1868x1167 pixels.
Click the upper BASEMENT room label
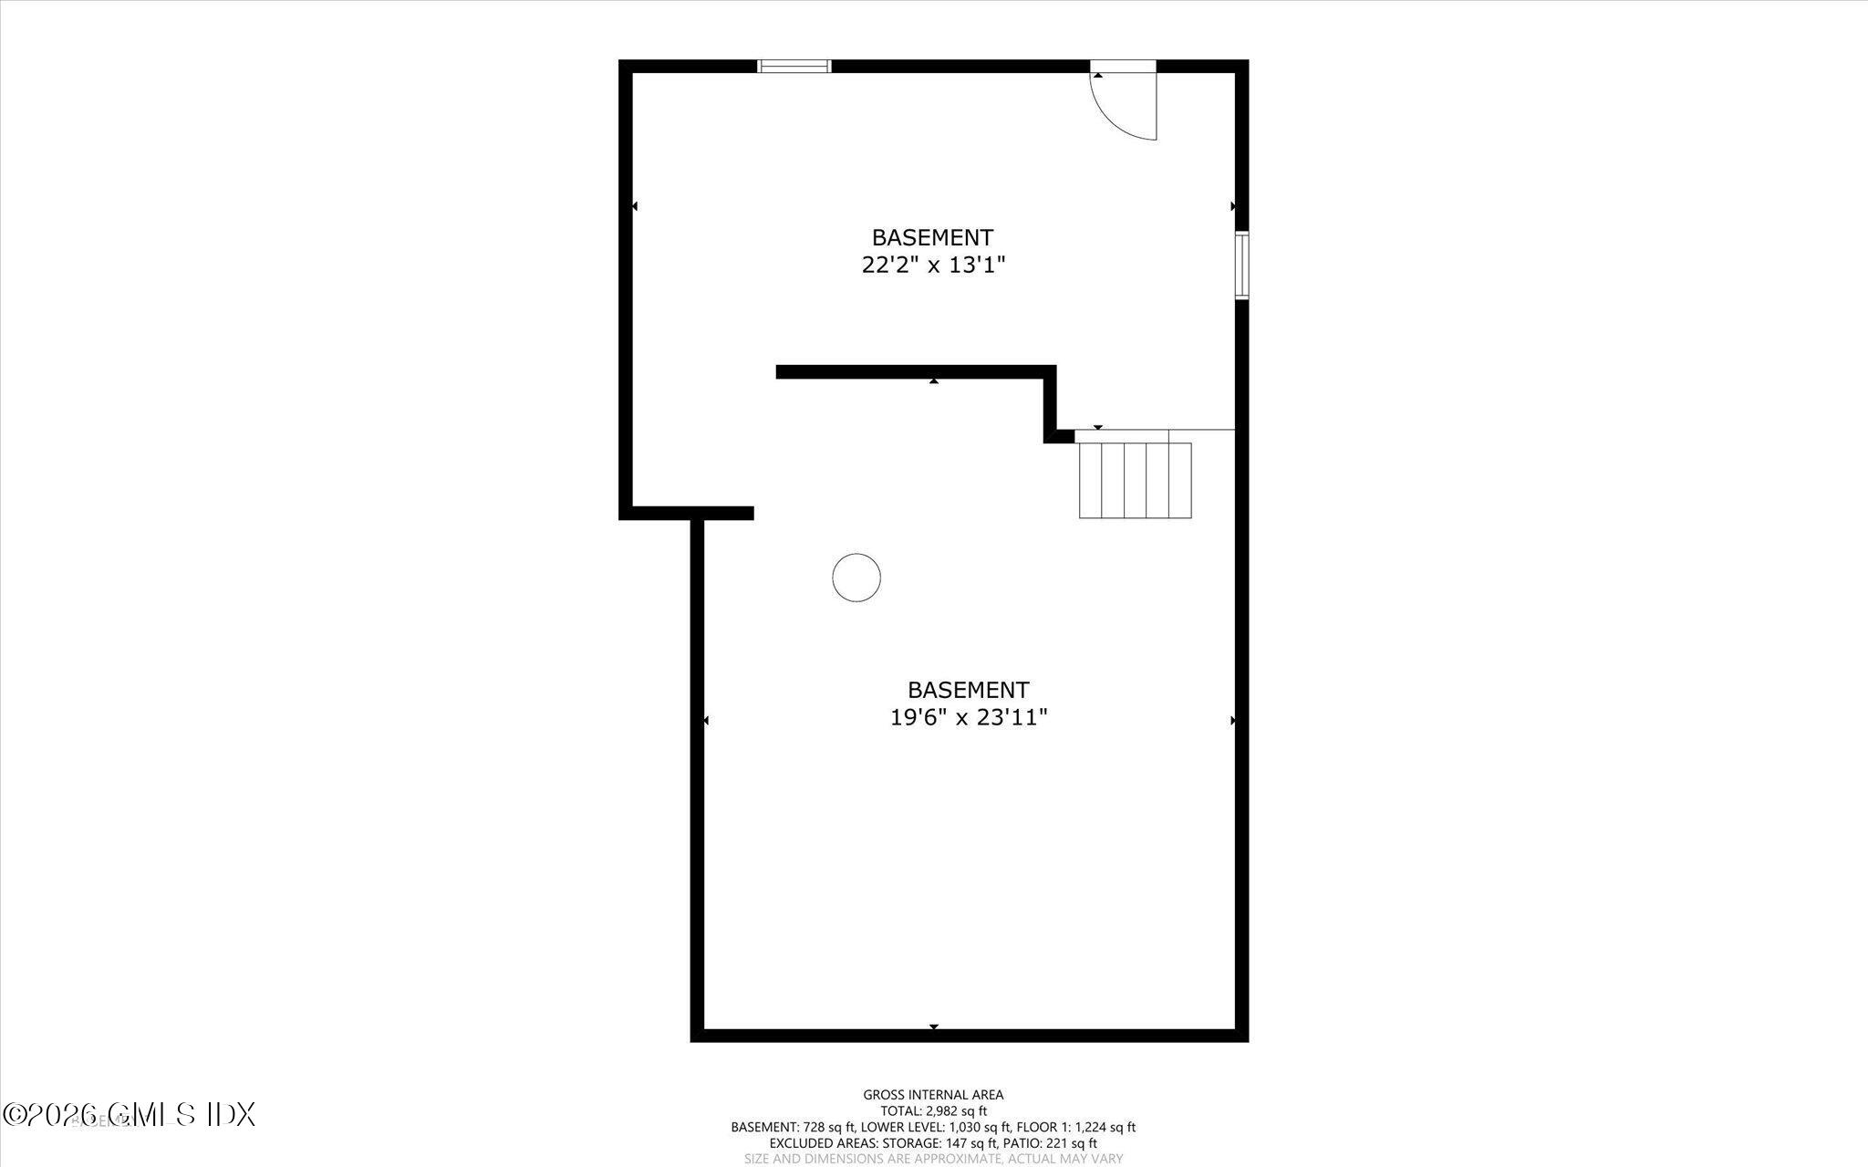point(932,237)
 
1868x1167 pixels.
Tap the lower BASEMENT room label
point(968,690)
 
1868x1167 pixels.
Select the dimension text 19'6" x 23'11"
point(968,718)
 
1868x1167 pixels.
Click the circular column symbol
point(856,578)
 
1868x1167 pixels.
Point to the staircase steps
point(1135,480)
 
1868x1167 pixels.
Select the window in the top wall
point(794,66)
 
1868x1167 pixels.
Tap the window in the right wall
point(1241,265)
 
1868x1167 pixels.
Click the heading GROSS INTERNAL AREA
point(933,1095)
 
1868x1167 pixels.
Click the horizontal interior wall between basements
point(912,371)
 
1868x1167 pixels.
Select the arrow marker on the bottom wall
point(933,1027)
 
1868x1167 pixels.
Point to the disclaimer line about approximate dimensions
point(933,1159)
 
